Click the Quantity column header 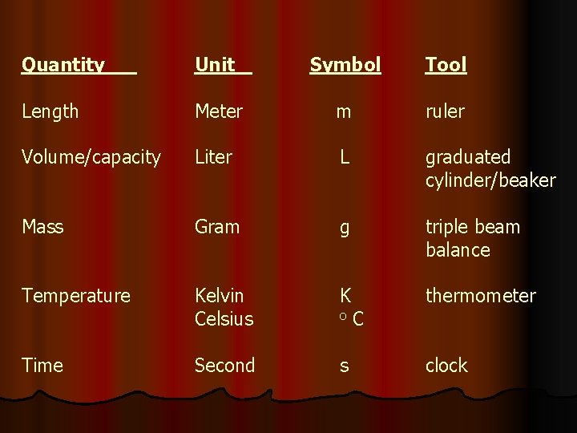click(x=63, y=65)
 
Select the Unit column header click(x=215, y=65)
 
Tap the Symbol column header click(x=345, y=65)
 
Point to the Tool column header click(x=446, y=65)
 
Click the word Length click(x=50, y=112)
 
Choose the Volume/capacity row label click(x=91, y=157)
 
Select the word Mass click(x=42, y=227)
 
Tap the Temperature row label click(x=76, y=296)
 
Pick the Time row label click(x=42, y=366)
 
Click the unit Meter click(x=219, y=112)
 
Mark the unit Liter click(x=213, y=157)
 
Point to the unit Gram click(x=217, y=227)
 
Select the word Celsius click(x=224, y=319)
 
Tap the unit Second click(x=225, y=366)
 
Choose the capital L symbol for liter click(x=344, y=157)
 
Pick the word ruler click(x=445, y=112)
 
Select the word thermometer click(x=480, y=296)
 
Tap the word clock click(x=446, y=366)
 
